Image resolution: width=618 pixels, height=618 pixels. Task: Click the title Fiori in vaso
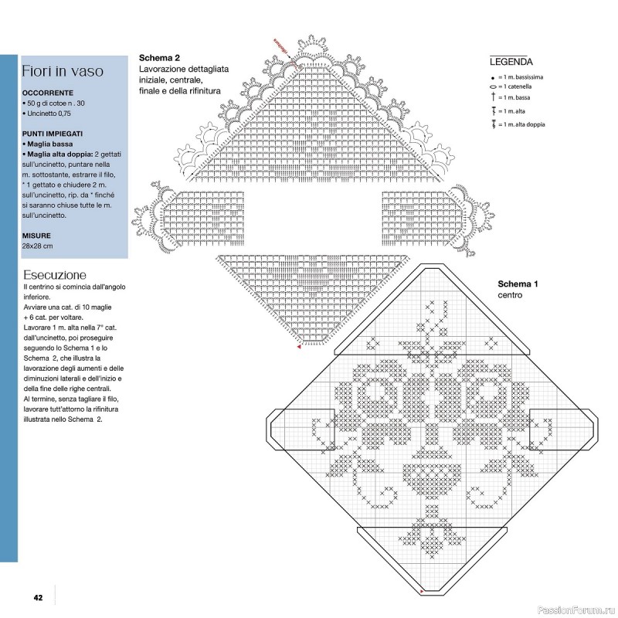click(x=63, y=72)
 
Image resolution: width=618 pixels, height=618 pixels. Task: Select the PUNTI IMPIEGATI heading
click(x=53, y=134)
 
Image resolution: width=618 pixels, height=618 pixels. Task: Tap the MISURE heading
click(x=37, y=235)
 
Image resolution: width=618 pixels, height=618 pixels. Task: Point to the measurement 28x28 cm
click(x=38, y=246)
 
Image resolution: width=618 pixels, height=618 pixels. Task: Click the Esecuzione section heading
click(x=55, y=275)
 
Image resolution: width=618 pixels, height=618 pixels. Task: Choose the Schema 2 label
click(x=159, y=59)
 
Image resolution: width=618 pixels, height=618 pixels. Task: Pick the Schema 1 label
click(x=518, y=284)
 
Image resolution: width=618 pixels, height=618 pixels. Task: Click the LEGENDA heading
click(x=511, y=62)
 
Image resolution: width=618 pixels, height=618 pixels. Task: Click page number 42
click(x=37, y=597)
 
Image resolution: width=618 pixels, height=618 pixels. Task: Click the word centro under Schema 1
click(x=510, y=295)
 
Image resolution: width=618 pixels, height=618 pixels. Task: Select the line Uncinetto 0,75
click(x=53, y=114)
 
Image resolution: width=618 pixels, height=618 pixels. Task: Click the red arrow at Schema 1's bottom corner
click(x=422, y=591)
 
